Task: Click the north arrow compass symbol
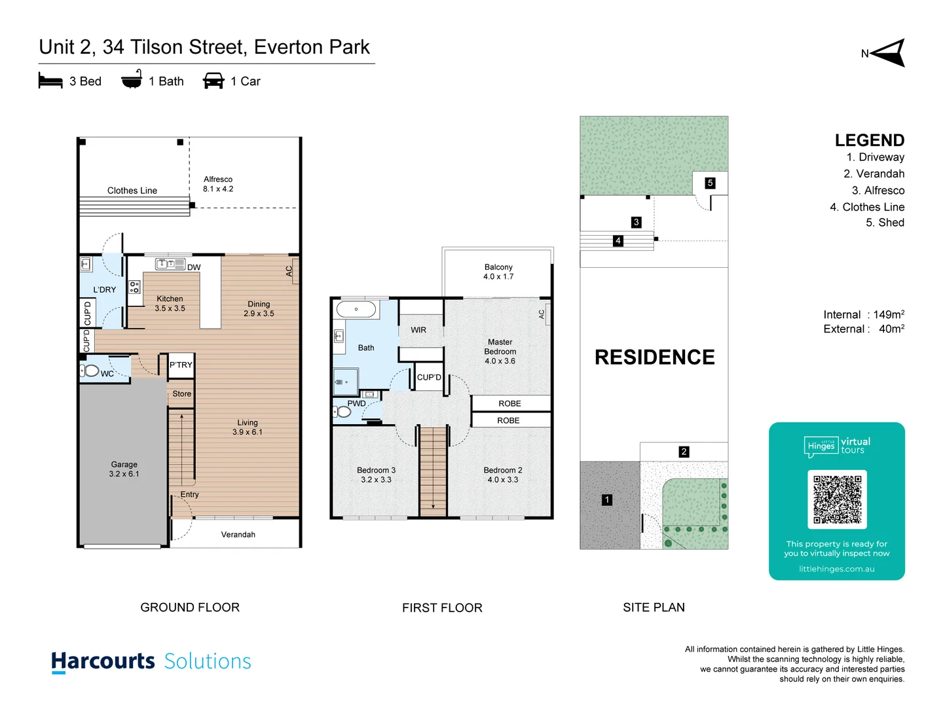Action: point(889,53)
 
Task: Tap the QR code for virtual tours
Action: point(837,499)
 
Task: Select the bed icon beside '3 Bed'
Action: point(50,81)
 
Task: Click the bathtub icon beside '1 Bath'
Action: point(132,80)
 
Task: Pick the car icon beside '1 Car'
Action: point(213,81)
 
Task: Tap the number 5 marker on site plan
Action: point(710,183)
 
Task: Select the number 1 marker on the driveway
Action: point(607,500)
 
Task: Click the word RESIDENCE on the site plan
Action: point(654,357)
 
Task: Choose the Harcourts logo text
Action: point(103,661)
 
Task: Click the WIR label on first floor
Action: point(418,330)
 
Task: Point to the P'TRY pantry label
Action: point(181,365)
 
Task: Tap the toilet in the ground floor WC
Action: point(91,371)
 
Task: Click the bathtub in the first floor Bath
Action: point(356,309)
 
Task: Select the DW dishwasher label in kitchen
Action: point(194,267)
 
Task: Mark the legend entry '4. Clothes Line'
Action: point(866,207)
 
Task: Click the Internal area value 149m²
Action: point(888,315)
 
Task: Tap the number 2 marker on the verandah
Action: point(684,452)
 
